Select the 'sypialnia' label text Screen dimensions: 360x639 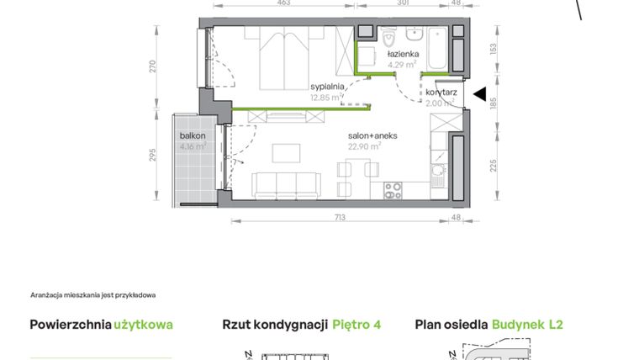(x=326, y=87)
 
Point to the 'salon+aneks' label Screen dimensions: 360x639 (x=372, y=135)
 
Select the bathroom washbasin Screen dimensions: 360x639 (x=415, y=35)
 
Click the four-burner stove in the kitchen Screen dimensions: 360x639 (x=394, y=191)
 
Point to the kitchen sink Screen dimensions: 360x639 (x=437, y=175)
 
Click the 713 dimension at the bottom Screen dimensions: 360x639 (x=341, y=217)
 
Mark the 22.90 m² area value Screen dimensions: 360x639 (x=364, y=145)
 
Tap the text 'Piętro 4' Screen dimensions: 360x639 (x=356, y=325)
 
